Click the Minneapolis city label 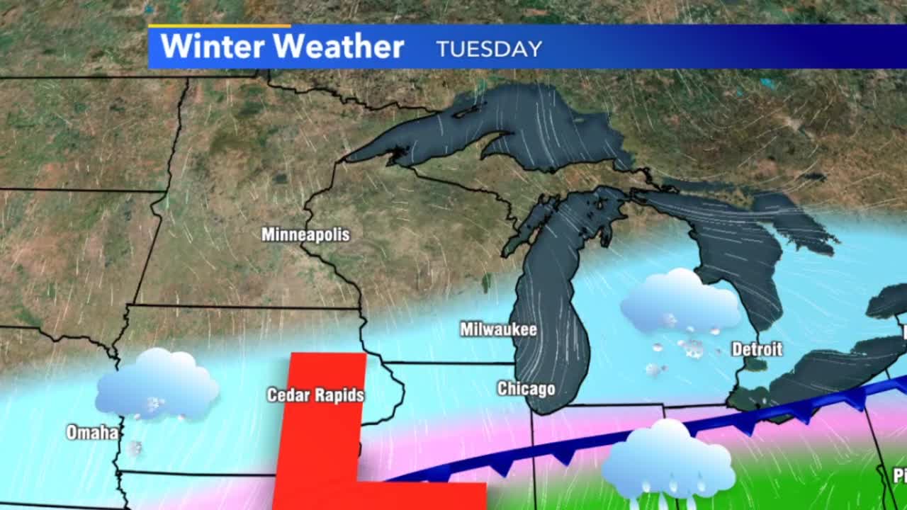(305, 234)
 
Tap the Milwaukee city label (498, 329)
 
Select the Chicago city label (526, 389)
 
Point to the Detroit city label (757, 349)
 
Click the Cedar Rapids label (315, 395)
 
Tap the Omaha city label (92, 432)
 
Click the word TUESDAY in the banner (489, 49)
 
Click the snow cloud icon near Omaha (157, 386)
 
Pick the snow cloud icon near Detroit (680, 303)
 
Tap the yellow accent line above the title (219, 26)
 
